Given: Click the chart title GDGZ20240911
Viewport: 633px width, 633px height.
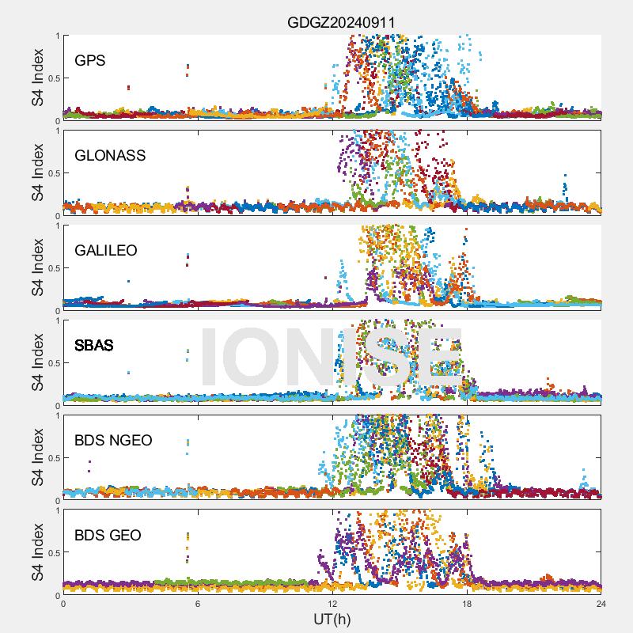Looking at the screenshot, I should pyautogui.click(x=332, y=21).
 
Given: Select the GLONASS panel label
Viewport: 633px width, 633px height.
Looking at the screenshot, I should pyautogui.click(x=110, y=155).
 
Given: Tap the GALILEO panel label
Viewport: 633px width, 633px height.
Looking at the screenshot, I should pyautogui.click(x=106, y=250).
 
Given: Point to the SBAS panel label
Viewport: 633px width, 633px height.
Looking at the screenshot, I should pyautogui.click(x=94, y=345).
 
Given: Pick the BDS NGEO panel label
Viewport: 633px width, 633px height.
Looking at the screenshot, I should pyautogui.click(x=113, y=440).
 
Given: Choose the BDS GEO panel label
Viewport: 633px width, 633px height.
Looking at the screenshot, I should pyautogui.click(x=108, y=535).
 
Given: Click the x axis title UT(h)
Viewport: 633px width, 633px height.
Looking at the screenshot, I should pyautogui.click(x=332, y=618).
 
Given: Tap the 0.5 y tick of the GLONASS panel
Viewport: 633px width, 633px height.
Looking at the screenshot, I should pyautogui.click(x=53, y=173).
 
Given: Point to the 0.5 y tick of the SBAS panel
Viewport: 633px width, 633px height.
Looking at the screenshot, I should pyautogui.click(x=53, y=363).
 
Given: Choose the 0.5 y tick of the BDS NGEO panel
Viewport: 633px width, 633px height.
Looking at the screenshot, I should pyautogui.click(x=53, y=458).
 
